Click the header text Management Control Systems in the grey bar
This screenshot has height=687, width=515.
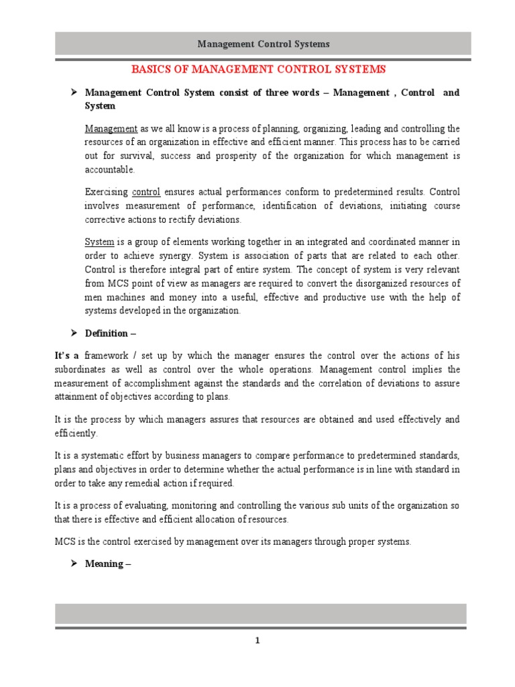coord(263,44)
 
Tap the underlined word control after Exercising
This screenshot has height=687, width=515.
coord(146,192)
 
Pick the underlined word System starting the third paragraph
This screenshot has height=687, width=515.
coord(99,242)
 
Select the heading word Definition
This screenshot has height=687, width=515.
coord(106,333)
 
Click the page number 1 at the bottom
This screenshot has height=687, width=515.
coord(257,641)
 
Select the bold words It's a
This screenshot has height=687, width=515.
coord(67,356)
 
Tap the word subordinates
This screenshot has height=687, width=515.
coord(80,370)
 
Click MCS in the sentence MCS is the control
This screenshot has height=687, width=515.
coord(65,541)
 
